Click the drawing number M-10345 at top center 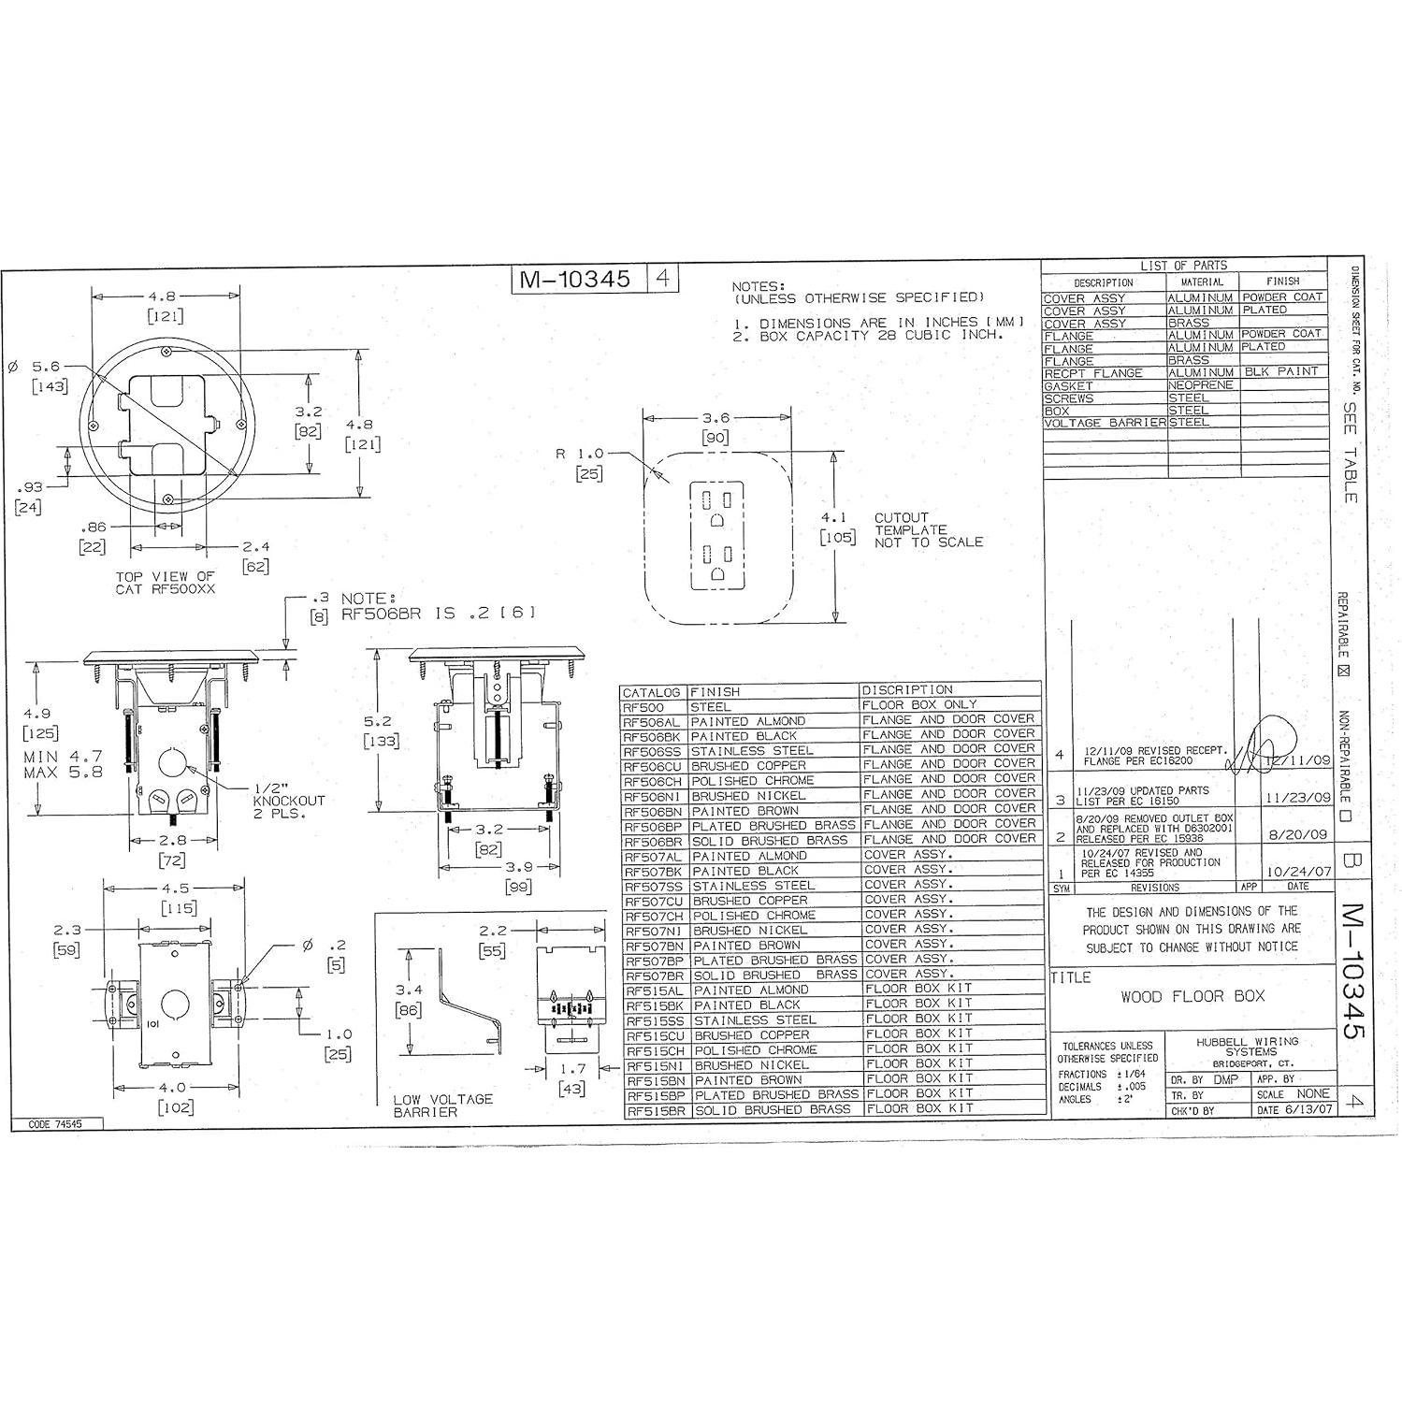[x=578, y=280]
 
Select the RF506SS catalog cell [x=654, y=751]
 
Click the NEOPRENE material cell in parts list [x=1201, y=385]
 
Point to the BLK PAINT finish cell [x=1280, y=372]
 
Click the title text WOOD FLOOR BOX [x=1192, y=996]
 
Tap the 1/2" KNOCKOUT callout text [x=289, y=801]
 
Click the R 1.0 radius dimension [x=581, y=454]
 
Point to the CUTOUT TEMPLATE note [x=928, y=529]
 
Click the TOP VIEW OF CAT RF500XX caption [x=165, y=583]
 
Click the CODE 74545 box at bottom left [x=55, y=1124]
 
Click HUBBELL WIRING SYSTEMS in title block [x=1249, y=1047]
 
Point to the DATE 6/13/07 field [x=1294, y=1110]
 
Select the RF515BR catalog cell [x=656, y=1110]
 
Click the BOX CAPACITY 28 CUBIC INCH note [x=880, y=335]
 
